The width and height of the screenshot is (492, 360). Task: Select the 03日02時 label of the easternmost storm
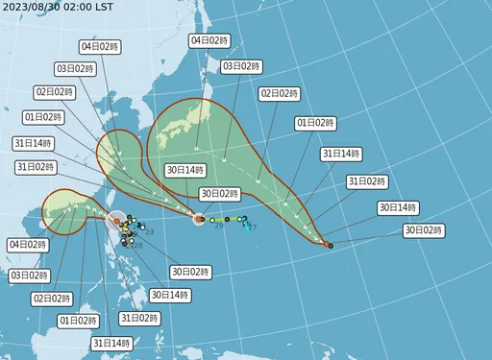pyautogui.click(x=241, y=66)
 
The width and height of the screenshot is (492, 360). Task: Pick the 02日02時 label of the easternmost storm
pyautogui.click(x=277, y=94)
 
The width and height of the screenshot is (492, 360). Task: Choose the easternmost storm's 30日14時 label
pyautogui.click(x=395, y=206)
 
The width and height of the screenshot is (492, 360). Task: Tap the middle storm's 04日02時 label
pyautogui.click(x=100, y=46)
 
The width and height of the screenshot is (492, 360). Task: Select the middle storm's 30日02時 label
pyautogui.click(x=218, y=193)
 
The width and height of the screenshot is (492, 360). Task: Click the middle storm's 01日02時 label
pyautogui.click(x=43, y=117)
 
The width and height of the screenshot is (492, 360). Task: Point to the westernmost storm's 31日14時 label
pyautogui.click(x=112, y=343)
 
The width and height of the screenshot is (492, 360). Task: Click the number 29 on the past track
pyautogui.click(x=219, y=225)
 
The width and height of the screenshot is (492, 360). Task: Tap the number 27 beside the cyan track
pyautogui.click(x=252, y=228)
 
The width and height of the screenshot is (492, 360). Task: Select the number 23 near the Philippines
pyautogui.click(x=149, y=232)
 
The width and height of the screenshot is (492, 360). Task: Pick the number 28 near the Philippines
pyautogui.click(x=137, y=246)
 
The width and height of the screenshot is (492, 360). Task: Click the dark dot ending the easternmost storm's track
pyautogui.click(x=330, y=247)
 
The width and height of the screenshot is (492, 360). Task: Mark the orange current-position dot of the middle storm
pyautogui.click(x=199, y=220)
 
